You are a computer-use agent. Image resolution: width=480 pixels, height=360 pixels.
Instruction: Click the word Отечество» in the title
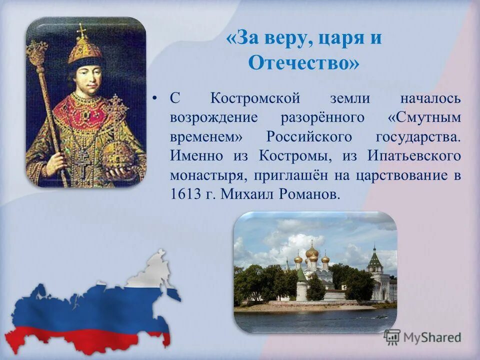303,63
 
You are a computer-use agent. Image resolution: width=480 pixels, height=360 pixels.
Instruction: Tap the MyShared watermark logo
422,337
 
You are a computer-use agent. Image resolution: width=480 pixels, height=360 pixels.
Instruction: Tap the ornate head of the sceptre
37,52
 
